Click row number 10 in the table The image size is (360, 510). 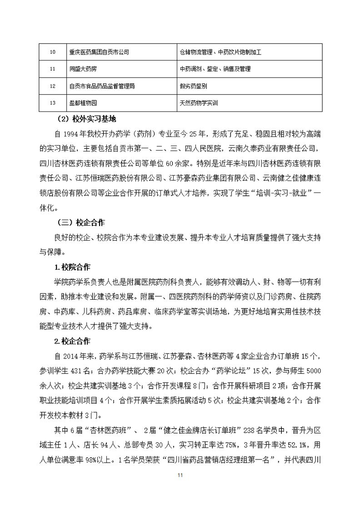click(52, 52)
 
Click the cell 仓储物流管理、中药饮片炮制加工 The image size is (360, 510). click(220, 52)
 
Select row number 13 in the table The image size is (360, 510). click(52, 103)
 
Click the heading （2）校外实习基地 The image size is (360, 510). click(87, 120)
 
